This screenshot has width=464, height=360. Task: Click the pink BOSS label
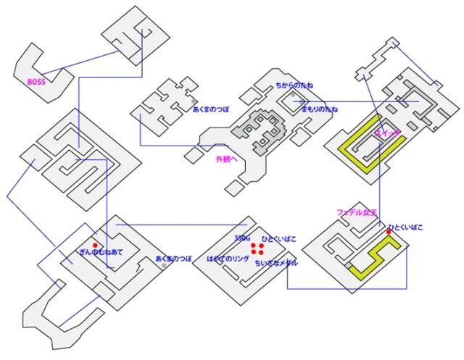36,82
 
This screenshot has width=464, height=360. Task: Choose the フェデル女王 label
356,212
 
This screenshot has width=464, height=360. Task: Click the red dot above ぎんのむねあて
95,245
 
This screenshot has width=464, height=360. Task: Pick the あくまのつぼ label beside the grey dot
173,259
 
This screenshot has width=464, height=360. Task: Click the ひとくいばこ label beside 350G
278,238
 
